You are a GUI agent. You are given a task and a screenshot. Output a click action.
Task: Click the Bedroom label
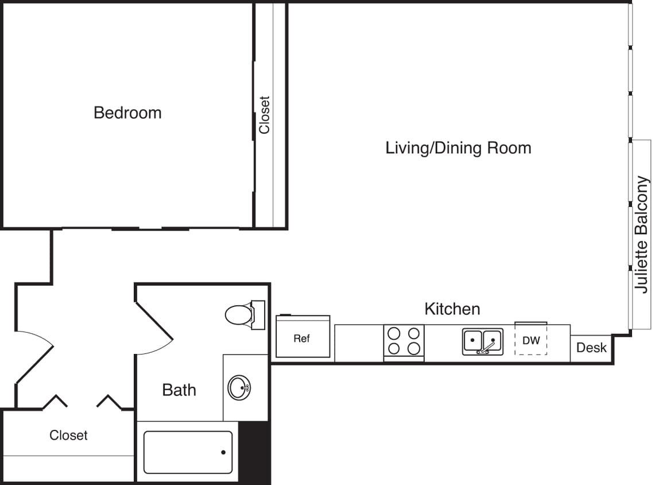coord(127,113)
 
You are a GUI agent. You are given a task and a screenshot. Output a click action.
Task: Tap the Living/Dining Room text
coord(458,148)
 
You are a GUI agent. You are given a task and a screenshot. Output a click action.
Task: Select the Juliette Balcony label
coord(642,234)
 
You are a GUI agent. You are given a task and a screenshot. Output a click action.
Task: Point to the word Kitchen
coord(452,309)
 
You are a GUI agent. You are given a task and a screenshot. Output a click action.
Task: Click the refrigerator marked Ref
coord(303,338)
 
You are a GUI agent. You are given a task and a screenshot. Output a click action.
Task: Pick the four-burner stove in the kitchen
coord(404,341)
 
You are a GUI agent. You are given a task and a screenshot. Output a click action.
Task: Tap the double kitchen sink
coord(483,341)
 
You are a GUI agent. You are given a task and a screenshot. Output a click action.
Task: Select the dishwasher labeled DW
coord(531,340)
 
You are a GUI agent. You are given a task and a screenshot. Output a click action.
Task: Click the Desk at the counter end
coord(591,348)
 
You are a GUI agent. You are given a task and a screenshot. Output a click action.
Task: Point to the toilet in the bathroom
coord(241,314)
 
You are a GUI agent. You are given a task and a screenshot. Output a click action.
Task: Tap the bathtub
coord(188,452)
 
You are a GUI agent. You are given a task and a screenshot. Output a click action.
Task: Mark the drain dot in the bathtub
coord(223,453)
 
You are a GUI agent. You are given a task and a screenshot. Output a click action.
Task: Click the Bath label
coord(179,390)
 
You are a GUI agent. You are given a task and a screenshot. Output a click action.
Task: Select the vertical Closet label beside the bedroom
coord(264,115)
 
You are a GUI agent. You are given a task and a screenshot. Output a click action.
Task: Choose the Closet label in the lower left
coord(68,436)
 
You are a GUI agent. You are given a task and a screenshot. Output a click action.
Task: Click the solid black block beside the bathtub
coord(254,452)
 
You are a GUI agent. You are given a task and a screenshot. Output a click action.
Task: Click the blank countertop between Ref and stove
coord(359,343)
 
